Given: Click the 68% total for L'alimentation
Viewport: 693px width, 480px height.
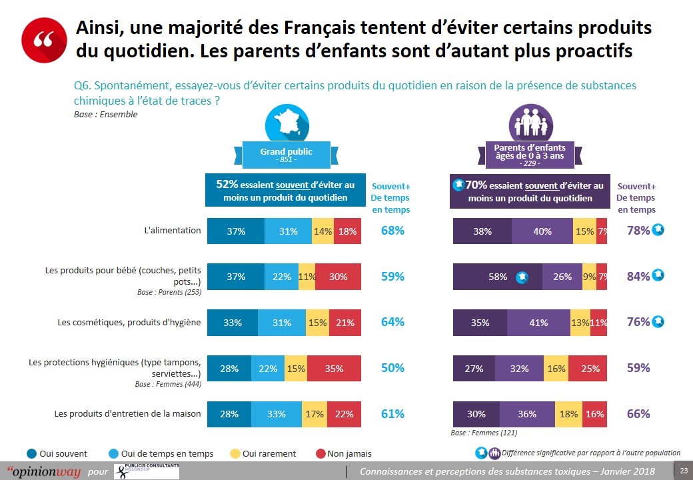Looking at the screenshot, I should point(392,231).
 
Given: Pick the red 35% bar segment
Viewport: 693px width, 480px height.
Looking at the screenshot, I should point(334,368).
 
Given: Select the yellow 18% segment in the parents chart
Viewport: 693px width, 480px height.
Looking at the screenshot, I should point(568,414).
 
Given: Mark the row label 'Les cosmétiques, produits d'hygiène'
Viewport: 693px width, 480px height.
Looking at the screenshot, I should point(128,323).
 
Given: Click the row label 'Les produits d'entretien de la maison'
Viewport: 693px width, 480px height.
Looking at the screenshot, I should point(127,414).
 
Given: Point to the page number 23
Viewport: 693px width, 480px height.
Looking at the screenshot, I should point(683,471).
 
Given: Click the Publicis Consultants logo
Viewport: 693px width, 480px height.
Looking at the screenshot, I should point(147,471).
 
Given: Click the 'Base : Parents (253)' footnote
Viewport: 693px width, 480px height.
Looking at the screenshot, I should point(169,292).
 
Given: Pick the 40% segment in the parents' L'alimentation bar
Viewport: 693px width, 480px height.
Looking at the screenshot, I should point(542,231).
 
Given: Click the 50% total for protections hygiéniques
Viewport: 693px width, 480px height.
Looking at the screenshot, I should point(392,368).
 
